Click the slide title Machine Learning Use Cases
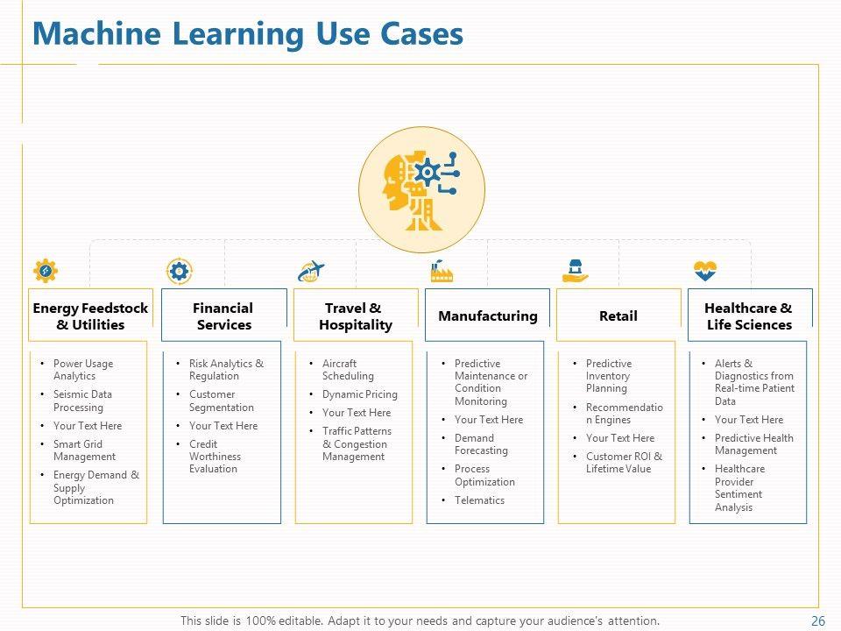coord(247,34)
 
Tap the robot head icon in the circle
coord(421,188)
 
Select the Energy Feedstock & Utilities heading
coord(90,316)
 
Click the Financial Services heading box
coord(223,316)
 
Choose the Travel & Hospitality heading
coord(355,316)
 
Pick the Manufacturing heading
coord(487,316)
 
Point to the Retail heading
coord(618,316)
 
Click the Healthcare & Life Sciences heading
coord(748,316)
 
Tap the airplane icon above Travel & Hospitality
coord(311,272)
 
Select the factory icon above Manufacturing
coord(442,272)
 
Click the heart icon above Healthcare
coord(705,271)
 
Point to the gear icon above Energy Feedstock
coord(45,272)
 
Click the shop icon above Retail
coord(575,271)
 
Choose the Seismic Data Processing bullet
coord(82,401)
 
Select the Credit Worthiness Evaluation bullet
coord(216,457)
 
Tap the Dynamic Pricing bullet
coord(359,394)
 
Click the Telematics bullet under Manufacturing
coord(479,500)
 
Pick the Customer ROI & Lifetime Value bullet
coord(624,463)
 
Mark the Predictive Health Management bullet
coord(753,444)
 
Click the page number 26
coord(818,621)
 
